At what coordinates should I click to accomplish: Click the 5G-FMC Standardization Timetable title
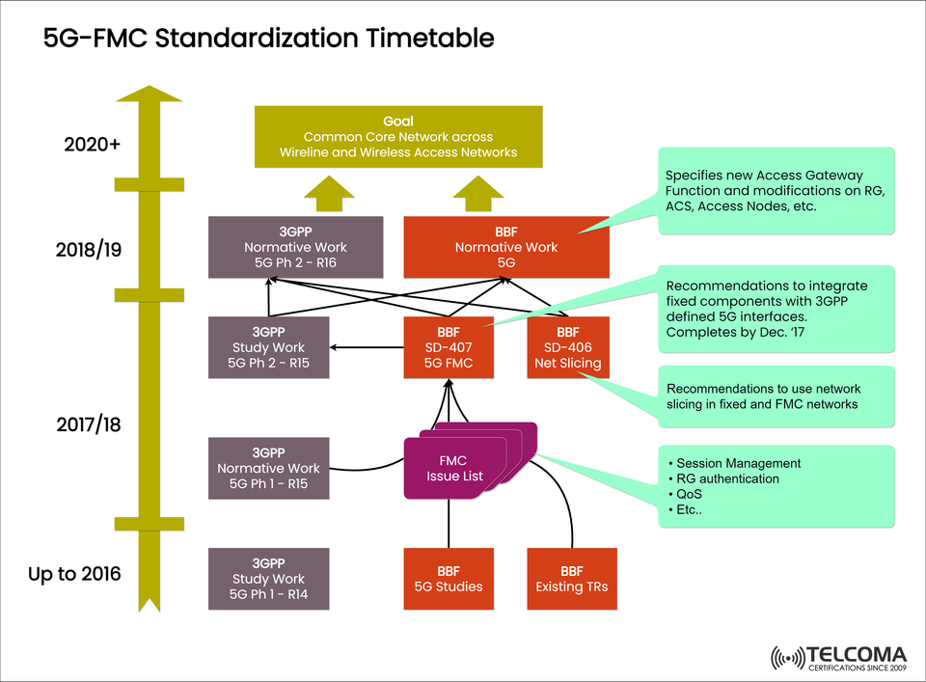pos(269,39)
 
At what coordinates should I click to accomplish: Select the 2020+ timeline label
pos(93,146)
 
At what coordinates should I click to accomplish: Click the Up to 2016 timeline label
pos(75,574)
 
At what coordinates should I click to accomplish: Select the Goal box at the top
pos(397,136)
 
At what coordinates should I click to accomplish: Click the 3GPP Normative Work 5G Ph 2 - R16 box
pos(295,247)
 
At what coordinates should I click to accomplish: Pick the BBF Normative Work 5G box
pos(506,247)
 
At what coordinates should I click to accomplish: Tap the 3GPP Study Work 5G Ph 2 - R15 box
pos(268,347)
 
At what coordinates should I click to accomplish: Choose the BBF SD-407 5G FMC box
pos(449,347)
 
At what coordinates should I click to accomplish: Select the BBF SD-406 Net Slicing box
pos(568,347)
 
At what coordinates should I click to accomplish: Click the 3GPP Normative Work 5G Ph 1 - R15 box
pos(268,468)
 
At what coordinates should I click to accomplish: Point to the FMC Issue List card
pos(454,469)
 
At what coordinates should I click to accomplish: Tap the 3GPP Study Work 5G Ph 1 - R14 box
pos(268,579)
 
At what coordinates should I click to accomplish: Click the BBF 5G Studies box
pos(449,579)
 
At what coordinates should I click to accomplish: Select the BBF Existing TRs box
pos(571,579)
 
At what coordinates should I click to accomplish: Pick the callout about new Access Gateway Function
pos(776,190)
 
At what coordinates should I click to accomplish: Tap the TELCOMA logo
pos(838,657)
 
